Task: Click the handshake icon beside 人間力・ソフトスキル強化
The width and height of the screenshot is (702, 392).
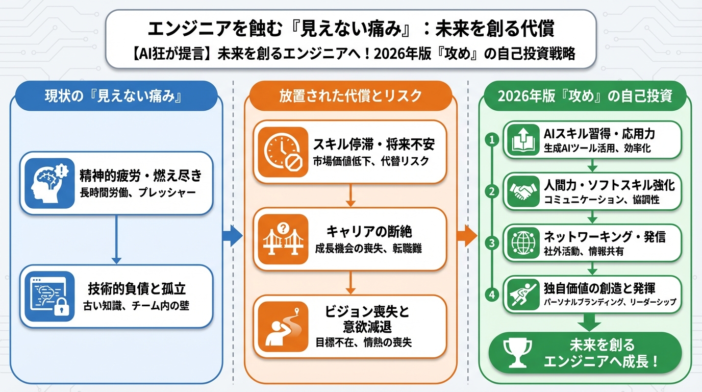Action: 521,192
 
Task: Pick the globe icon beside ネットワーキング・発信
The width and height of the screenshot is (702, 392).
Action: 521,242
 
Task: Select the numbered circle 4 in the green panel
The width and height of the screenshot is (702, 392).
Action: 492,294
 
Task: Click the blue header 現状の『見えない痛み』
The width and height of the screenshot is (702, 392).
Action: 116,95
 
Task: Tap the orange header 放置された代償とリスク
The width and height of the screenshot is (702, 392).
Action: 350,95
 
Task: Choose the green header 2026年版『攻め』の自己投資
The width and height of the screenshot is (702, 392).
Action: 585,95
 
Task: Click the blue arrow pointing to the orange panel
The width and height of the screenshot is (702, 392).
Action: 233,236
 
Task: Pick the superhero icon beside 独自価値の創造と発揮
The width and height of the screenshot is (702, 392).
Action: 521,294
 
